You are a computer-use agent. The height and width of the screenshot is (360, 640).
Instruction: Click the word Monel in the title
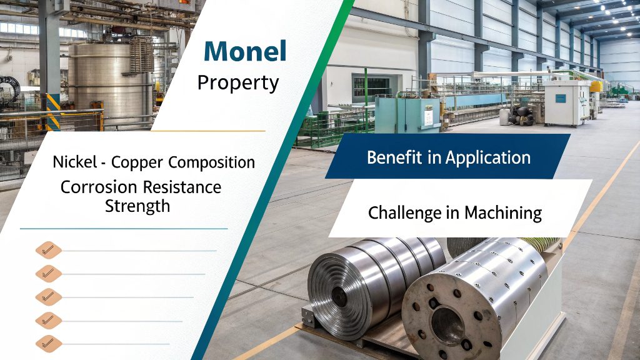245,52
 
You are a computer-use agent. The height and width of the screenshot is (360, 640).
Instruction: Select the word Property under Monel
238,83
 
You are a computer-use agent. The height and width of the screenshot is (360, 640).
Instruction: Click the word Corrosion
99,187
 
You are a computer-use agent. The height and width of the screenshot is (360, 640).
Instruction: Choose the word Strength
137,206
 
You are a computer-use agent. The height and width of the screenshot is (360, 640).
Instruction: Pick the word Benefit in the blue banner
394,157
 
